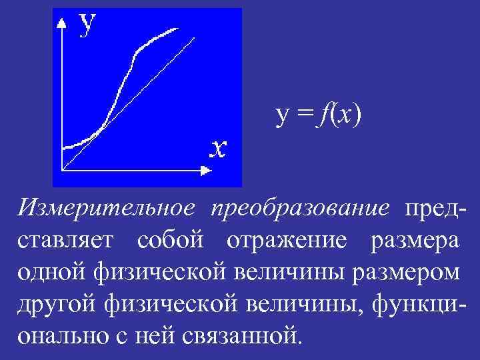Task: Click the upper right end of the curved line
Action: [x=178, y=29]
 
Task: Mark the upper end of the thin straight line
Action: [x=195, y=37]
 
